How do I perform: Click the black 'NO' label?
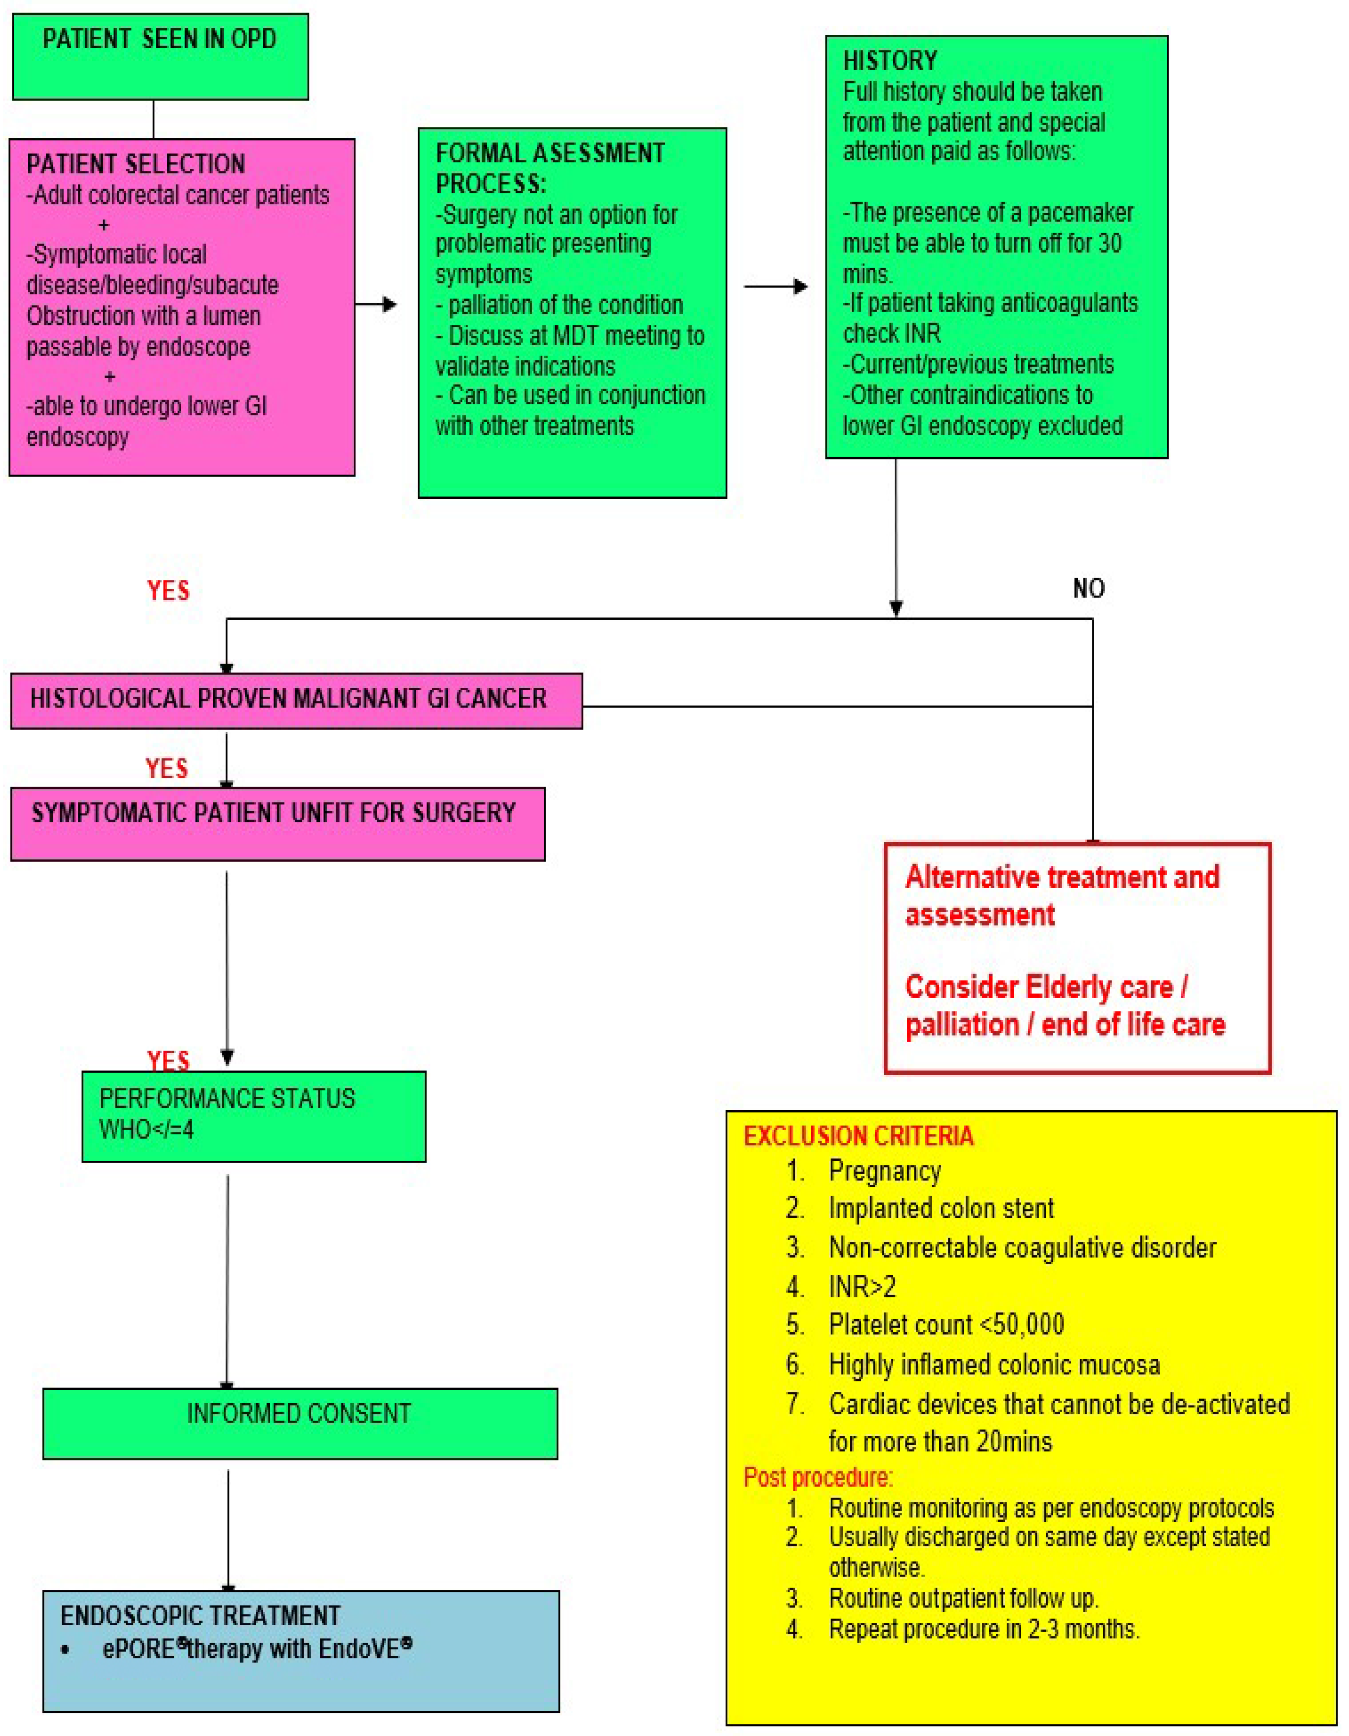(x=1088, y=589)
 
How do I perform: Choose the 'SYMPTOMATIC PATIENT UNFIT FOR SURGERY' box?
(x=277, y=823)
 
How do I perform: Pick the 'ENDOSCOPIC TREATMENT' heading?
(x=200, y=1616)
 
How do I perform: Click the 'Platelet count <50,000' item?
(x=946, y=1324)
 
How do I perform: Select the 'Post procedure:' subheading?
(x=818, y=1477)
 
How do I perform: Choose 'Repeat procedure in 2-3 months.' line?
(x=983, y=1629)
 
